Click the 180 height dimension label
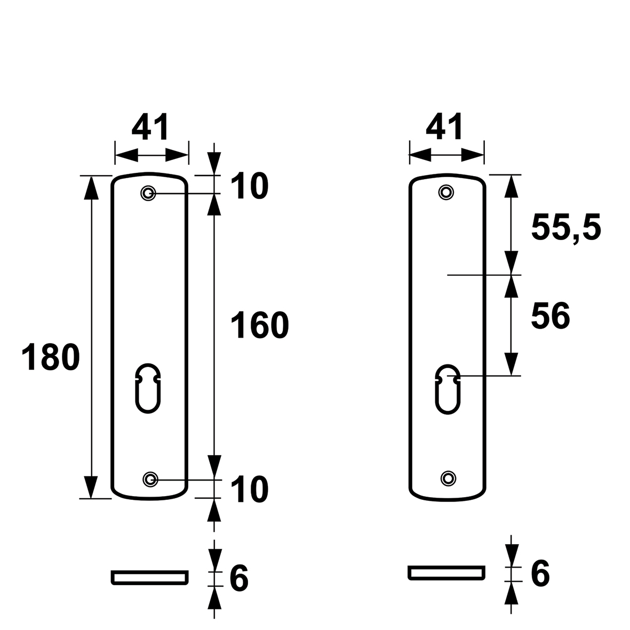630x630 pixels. [x=51, y=357]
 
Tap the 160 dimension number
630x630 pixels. [x=260, y=325]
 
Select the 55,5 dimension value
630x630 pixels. [x=566, y=228]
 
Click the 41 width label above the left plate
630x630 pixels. [x=150, y=127]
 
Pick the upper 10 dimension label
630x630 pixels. [x=250, y=186]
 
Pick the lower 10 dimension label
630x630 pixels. [x=250, y=489]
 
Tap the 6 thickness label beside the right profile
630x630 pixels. [x=540, y=573]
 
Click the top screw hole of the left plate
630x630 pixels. [x=148, y=193]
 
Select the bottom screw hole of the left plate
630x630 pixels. [x=150, y=479]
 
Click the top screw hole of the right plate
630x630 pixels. [x=446, y=193]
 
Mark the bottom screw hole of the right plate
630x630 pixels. [x=448, y=478]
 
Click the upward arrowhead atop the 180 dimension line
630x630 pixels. [x=92, y=187]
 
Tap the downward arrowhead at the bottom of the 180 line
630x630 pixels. [x=92, y=487]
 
